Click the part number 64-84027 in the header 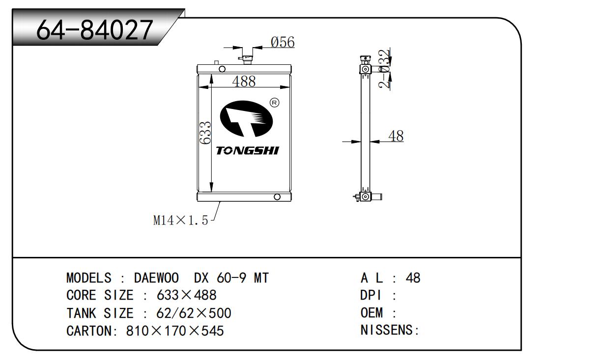94,30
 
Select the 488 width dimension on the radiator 244,82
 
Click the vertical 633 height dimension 205,133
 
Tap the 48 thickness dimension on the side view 396,136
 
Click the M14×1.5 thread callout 181,221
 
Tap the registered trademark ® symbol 275,103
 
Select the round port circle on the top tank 222,69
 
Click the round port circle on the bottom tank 277,197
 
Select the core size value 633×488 186,295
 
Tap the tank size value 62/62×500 194,313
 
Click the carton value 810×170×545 175,331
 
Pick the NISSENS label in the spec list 389,330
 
